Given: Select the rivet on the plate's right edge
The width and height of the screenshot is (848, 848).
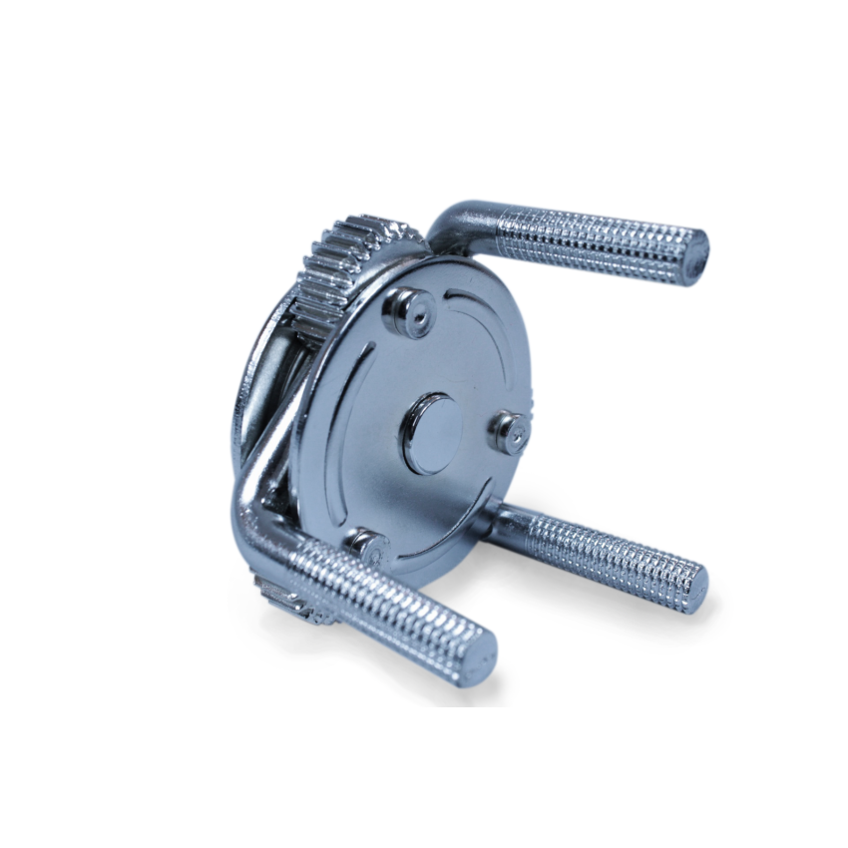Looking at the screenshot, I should click(x=509, y=432).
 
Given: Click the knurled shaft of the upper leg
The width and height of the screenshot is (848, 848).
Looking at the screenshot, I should click(x=589, y=242).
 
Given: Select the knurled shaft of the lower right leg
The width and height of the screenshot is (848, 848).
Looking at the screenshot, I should click(x=609, y=557).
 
